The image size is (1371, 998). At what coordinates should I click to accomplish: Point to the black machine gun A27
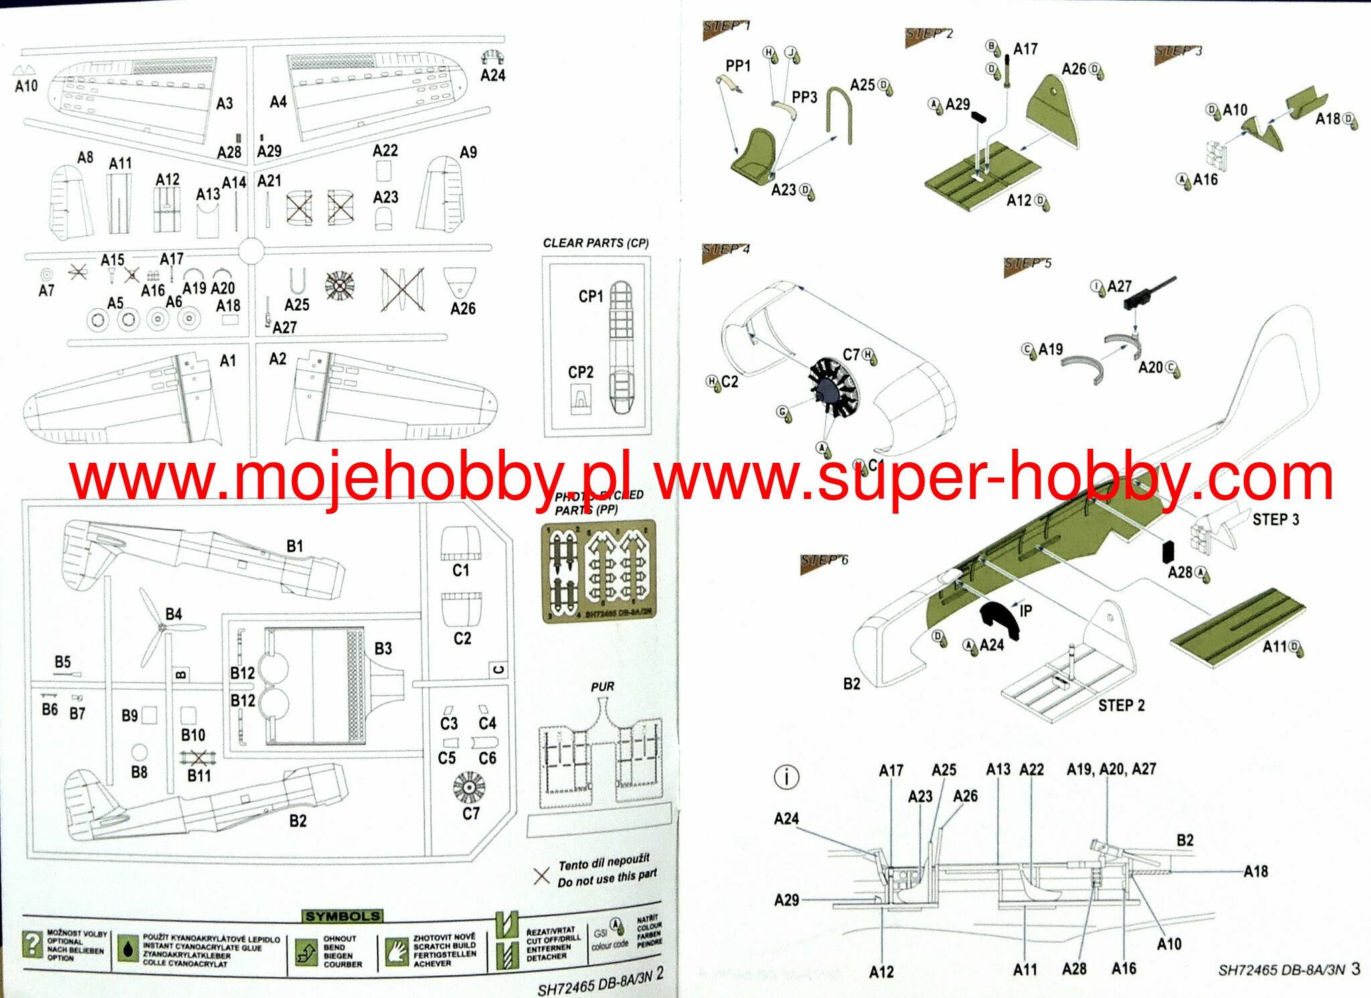pyautogui.click(x=1149, y=292)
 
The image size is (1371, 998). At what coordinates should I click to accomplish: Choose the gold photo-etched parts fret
pyautogui.click(x=598, y=570)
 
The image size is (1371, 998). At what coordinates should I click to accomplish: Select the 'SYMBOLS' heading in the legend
pyautogui.click(x=342, y=916)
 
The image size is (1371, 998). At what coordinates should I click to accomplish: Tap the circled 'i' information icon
pyautogui.click(x=786, y=777)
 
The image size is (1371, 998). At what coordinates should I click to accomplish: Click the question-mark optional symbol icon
pyautogui.click(x=31, y=944)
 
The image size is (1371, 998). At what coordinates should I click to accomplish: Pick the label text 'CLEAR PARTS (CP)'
pyautogui.click(x=595, y=242)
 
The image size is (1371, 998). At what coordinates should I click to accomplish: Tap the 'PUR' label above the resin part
pyautogui.click(x=602, y=687)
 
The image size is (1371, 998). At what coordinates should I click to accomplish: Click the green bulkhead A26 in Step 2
pyautogui.click(x=1054, y=112)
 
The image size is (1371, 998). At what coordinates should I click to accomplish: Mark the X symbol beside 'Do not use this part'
pyautogui.click(x=542, y=875)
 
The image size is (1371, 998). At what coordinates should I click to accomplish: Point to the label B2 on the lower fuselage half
pyautogui.click(x=298, y=821)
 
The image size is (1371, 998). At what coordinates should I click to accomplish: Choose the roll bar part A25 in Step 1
pyautogui.click(x=838, y=115)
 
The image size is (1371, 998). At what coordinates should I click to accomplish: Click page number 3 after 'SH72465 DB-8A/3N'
pyautogui.click(x=1356, y=969)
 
